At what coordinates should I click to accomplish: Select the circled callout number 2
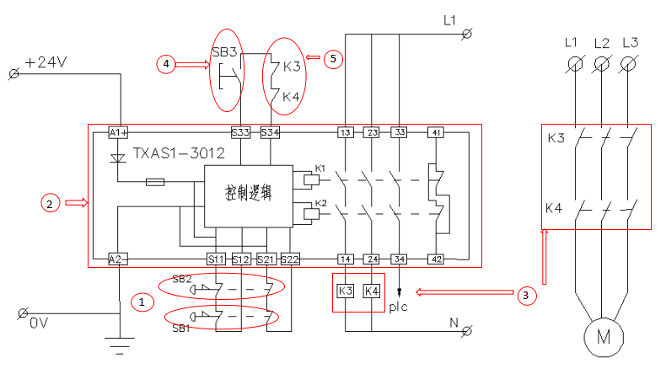click(x=51, y=202)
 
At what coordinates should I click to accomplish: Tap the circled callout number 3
click(x=525, y=295)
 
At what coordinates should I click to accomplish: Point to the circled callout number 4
click(x=167, y=62)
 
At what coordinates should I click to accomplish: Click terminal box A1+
click(x=118, y=132)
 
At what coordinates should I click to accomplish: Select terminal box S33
click(x=240, y=132)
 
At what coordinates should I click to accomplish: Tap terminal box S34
click(x=269, y=132)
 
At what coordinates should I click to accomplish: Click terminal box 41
click(x=436, y=132)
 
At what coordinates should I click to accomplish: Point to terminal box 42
click(x=436, y=259)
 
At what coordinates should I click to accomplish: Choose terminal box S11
click(x=216, y=259)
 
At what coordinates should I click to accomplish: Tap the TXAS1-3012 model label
click(x=178, y=154)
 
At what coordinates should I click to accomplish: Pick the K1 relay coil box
click(x=309, y=178)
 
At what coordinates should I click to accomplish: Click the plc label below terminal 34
click(x=399, y=306)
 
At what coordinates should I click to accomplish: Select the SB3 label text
click(x=224, y=51)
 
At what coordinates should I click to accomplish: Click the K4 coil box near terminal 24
click(x=371, y=291)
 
